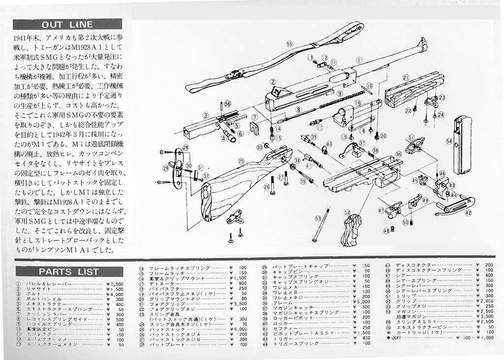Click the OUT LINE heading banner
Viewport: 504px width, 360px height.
click(67, 24)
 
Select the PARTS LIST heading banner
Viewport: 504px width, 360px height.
click(68, 271)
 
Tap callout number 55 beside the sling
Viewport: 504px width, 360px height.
click(289, 44)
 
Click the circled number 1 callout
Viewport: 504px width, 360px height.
click(359, 60)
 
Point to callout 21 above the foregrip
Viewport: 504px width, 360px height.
click(406, 77)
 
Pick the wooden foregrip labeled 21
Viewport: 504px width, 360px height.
click(413, 91)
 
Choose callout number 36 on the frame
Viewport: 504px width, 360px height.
click(398, 154)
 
